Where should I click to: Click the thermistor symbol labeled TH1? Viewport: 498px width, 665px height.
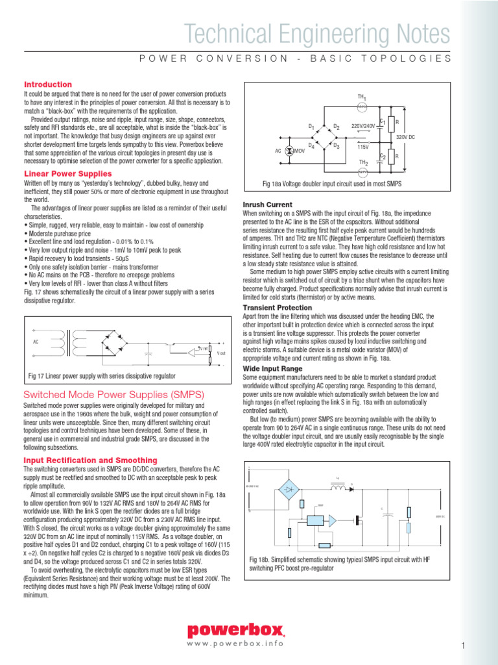pyautogui.click(x=363, y=105)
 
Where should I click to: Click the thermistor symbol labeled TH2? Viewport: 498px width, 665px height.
pyautogui.click(x=363, y=171)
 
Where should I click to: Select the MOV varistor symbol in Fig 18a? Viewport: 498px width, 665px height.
pyautogui.click(x=289, y=150)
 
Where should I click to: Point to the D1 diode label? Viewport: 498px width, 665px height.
pyautogui.click(x=311, y=125)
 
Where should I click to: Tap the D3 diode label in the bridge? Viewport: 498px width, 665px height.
pyautogui.click(x=337, y=146)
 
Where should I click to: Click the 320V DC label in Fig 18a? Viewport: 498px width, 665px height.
pyautogui.click(x=405, y=138)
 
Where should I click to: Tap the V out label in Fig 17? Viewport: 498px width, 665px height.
pyautogui.click(x=221, y=353)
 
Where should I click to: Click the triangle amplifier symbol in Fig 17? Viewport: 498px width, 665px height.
pyautogui.click(x=193, y=353)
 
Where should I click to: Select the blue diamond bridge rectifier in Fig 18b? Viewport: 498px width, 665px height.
pyautogui.click(x=289, y=488)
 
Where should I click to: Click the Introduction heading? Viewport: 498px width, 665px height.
pyautogui.click(x=48, y=84)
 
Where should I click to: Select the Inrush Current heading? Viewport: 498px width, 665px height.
pyautogui.click(x=267, y=205)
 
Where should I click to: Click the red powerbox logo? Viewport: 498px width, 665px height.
pyautogui.click(x=236, y=629)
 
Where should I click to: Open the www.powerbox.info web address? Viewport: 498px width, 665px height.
pyautogui.click(x=235, y=644)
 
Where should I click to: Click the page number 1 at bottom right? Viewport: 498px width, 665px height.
pyautogui.click(x=464, y=645)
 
